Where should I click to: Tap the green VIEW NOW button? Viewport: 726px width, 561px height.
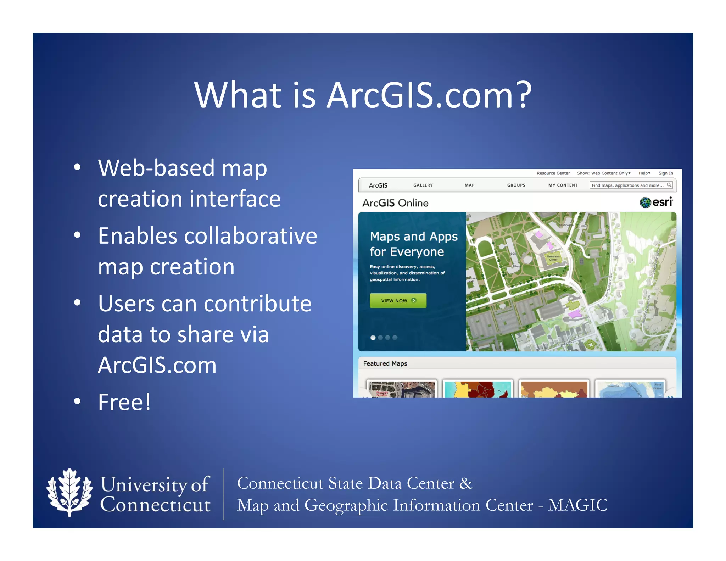pyautogui.click(x=398, y=300)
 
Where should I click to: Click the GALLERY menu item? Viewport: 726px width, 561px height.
pyautogui.click(x=423, y=185)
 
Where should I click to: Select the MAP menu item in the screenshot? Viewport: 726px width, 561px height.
pyautogui.click(x=469, y=185)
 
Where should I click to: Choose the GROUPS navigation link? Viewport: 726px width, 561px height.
pyautogui.click(x=516, y=185)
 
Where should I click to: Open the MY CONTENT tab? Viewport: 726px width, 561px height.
pyautogui.click(x=563, y=185)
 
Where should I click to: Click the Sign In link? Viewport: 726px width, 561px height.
pyautogui.click(x=665, y=173)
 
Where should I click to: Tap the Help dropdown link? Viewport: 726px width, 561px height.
pyautogui.click(x=644, y=173)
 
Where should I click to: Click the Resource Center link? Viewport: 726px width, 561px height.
pyautogui.click(x=553, y=173)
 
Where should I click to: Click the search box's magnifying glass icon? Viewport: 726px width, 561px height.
pyautogui.click(x=669, y=185)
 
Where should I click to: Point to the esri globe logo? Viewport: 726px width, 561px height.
pyautogui.click(x=646, y=202)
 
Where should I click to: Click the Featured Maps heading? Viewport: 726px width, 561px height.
pyautogui.click(x=385, y=363)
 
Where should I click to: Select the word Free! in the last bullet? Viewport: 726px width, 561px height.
pyautogui.click(x=124, y=402)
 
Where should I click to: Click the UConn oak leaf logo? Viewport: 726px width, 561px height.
pyautogui.click(x=69, y=493)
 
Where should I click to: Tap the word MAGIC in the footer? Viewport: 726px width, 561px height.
pyautogui.click(x=577, y=505)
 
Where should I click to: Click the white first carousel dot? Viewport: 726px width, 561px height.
pyautogui.click(x=373, y=338)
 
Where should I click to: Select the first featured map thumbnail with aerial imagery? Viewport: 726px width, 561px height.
pyautogui.click(x=401, y=389)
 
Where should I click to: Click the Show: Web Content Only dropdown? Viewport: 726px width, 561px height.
pyautogui.click(x=603, y=173)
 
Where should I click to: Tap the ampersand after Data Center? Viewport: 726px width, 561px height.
pyautogui.click(x=466, y=483)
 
